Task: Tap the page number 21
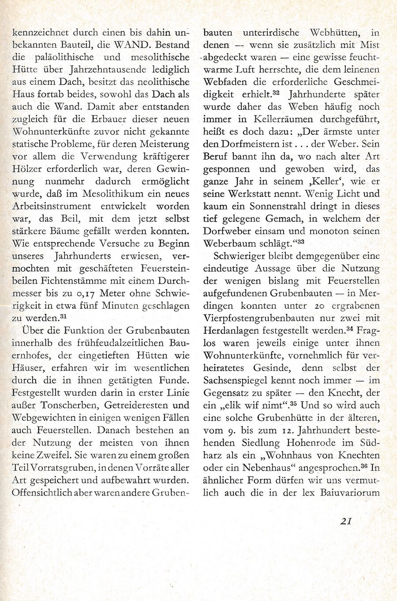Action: click(x=345, y=521)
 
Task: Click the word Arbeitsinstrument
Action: click(x=52, y=206)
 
